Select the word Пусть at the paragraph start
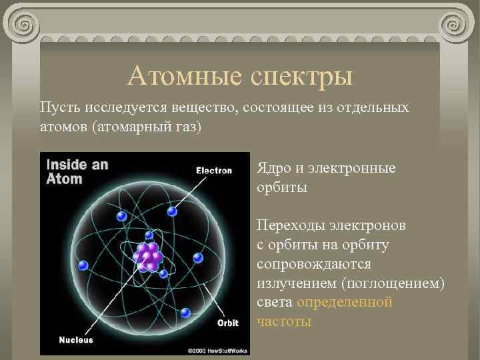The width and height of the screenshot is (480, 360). click(58, 107)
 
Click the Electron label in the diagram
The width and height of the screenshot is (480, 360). click(213, 170)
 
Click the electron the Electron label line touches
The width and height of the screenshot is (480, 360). click(172, 211)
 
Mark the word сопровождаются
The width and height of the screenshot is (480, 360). click(311, 264)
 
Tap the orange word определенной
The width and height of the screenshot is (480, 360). click(345, 303)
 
